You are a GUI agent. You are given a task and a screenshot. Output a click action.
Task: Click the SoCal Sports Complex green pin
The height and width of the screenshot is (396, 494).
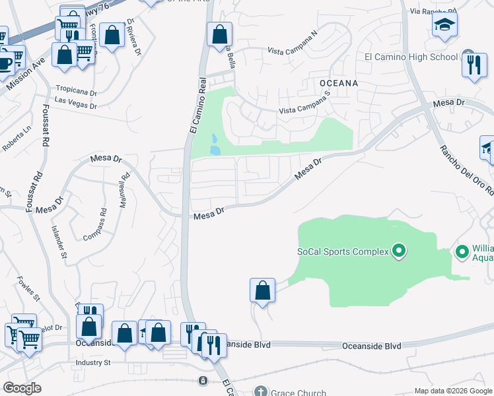(x=398, y=251)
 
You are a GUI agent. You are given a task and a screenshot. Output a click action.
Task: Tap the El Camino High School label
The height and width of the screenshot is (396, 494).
(x=411, y=57)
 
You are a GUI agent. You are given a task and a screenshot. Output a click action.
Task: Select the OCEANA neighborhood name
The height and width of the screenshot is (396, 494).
(x=338, y=83)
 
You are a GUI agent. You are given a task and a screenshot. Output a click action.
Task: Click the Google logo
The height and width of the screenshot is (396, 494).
(x=22, y=388)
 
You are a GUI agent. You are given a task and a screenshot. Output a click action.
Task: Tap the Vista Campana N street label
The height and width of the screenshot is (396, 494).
(x=292, y=50)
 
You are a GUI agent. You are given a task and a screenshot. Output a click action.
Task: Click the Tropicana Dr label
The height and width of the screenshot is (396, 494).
(x=76, y=93)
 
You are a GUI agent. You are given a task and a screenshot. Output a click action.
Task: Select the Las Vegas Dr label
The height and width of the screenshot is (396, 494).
(x=75, y=103)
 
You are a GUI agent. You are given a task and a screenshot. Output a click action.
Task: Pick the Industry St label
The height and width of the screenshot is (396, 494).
(x=92, y=362)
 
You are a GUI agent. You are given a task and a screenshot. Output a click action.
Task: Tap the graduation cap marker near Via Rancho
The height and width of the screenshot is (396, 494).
(x=445, y=26)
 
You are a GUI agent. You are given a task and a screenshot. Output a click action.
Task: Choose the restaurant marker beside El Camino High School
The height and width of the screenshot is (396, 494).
(x=474, y=65)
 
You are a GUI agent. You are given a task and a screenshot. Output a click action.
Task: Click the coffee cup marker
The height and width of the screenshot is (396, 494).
(x=4, y=63)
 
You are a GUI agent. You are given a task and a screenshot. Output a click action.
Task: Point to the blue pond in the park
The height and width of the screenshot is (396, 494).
(x=214, y=145)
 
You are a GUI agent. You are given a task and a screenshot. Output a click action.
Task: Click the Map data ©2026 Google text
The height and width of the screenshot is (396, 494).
(x=452, y=391)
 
